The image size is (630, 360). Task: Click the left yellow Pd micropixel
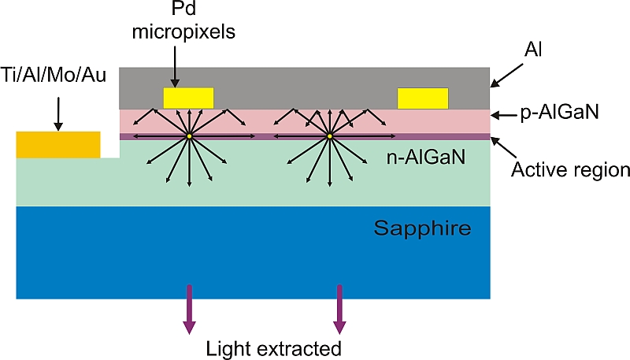[x=188, y=98]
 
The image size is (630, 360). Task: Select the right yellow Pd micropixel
[x=423, y=98]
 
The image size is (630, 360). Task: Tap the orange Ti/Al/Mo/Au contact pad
[x=58, y=144]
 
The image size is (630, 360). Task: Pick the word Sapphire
[x=422, y=229]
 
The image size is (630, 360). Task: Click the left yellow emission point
[x=189, y=137]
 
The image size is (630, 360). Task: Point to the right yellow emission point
[x=330, y=137]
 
